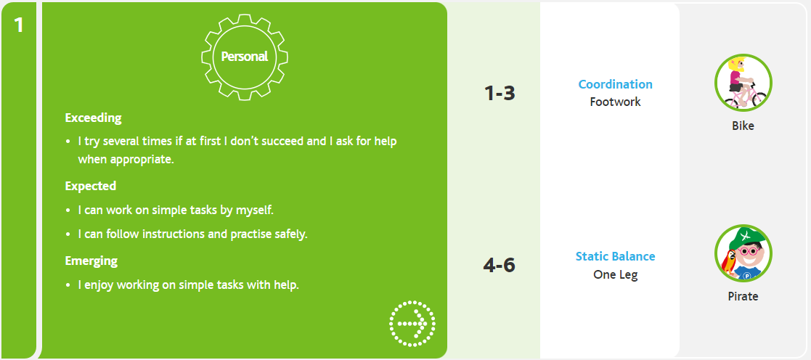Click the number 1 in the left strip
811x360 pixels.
pos(19,24)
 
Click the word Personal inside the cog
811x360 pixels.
pos(245,57)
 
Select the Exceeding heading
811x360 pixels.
pos(93,118)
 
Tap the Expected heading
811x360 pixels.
pos(91,186)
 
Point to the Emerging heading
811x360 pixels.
pos(91,261)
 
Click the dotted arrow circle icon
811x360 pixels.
pos(412,324)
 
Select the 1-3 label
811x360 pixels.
pos(500,93)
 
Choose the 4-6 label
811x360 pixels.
pos(499,266)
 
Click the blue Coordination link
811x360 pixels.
pos(616,84)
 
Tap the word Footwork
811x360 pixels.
pos(616,102)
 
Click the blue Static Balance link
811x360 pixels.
pos(616,256)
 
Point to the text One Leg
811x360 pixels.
pos(616,274)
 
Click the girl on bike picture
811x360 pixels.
pos(743,82)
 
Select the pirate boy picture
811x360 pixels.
pos(743,253)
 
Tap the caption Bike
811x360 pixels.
pos(743,126)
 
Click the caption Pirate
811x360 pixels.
pos(743,296)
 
